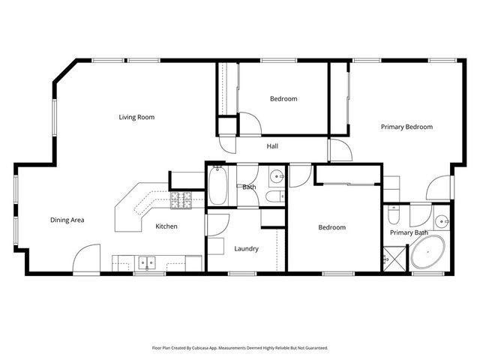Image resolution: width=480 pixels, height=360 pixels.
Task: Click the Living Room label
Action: pyautogui.click(x=136, y=117)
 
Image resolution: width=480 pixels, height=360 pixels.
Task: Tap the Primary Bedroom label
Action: pyautogui.click(x=406, y=127)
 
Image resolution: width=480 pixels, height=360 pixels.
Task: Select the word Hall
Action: pyautogui.click(x=272, y=146)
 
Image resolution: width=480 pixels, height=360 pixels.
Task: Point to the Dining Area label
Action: pyautogui.click(x=67, y=220)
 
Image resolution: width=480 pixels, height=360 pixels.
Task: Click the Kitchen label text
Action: pyautogui.click(x=166, y=226)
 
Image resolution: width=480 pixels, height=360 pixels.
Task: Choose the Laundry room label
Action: pyautogui.click(x=246, y=248)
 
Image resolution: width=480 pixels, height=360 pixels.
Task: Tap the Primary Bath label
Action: pyautogui.click(x=409, y=232)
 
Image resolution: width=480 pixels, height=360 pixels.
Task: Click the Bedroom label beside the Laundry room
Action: pyautogui.click(x=331, y=227)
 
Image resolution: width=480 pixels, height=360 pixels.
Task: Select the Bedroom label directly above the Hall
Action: pyautogui.click(x=283, y=99)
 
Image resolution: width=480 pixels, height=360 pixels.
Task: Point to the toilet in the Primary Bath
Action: pyautogui.click(x=394, y=217)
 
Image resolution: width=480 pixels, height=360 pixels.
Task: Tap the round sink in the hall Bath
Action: pyautogui.click(x=277, y=178)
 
